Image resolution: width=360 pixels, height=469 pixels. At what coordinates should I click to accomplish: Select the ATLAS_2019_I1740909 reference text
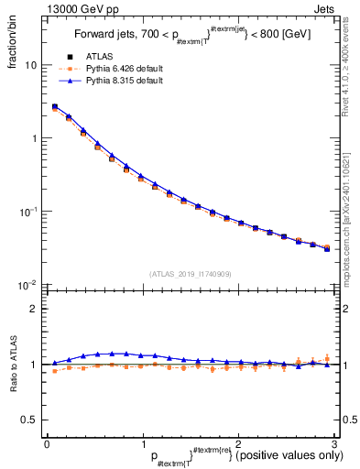pyautogui.click(x=188, y=274)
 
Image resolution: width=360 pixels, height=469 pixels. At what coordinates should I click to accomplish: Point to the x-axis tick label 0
pyautogui.click(x=47, y=443)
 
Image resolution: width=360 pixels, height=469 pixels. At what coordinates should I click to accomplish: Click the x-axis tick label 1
pyautogui.click(x=142, y=443)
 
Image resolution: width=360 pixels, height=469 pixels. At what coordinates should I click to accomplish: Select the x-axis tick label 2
pyautogui.click(x=237, y=443)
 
